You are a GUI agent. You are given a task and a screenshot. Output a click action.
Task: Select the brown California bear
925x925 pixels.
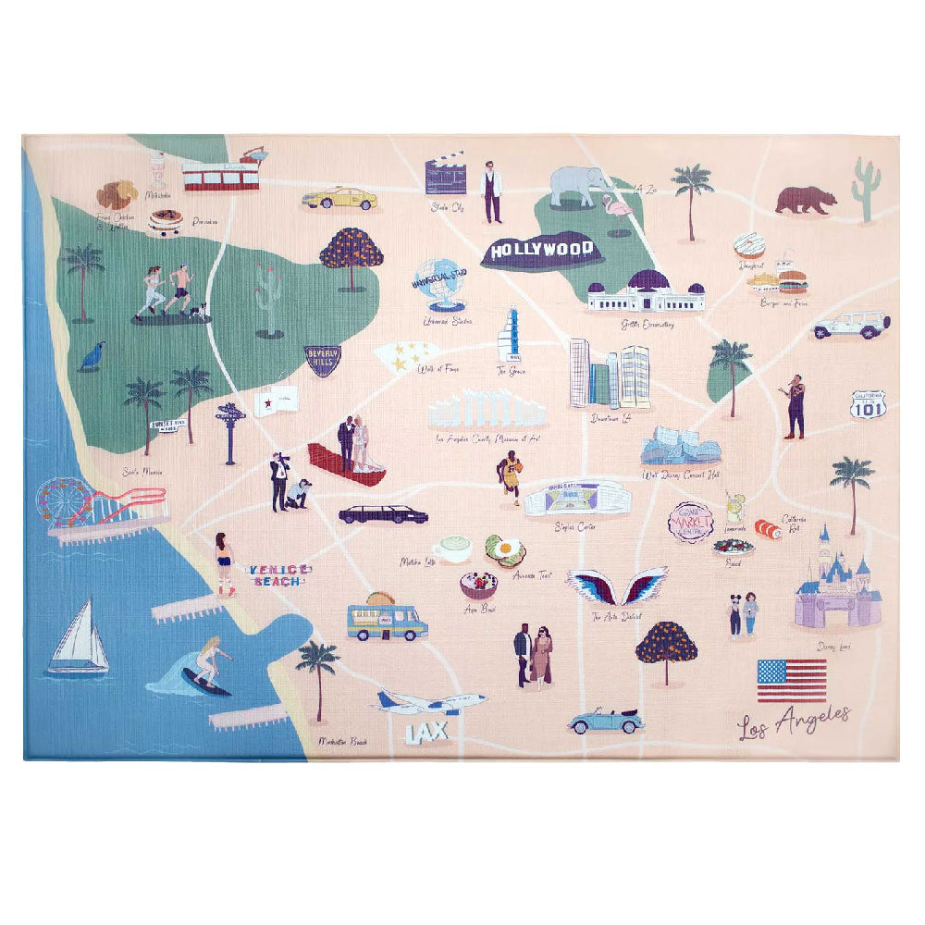click(804, 199)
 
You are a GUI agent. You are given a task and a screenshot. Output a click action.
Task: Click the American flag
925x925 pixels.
click(791, 680)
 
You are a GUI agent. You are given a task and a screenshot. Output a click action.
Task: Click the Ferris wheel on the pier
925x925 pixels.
click(66, 502)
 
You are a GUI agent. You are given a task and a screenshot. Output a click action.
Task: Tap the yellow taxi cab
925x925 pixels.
click(339, 198)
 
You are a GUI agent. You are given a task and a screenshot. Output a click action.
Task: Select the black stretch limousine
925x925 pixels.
click(383, 514)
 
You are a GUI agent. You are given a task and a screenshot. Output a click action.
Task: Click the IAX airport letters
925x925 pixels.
click(426, 732)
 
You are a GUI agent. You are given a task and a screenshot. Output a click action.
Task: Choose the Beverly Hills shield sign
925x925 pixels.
click(322, 360)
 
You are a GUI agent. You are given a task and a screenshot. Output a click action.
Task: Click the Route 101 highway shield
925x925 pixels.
click(869, 404)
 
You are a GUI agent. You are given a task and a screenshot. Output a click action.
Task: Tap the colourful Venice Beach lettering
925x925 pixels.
click(278, 574)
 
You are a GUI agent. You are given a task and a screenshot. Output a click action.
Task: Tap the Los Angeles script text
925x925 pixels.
click(794, 721)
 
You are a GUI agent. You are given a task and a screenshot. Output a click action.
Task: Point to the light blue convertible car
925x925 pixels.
click(605, 721)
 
